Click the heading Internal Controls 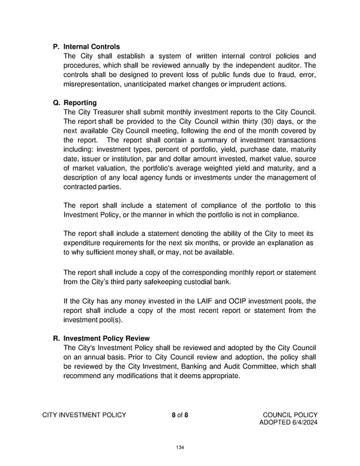(91, 46)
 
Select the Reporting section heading (81, 103)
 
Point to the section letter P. (56, 46)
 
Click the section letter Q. (56, 103)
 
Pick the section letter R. (56, 338)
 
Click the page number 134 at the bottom (180, 447)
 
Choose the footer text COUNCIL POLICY (290, 414)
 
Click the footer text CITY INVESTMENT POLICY (84, 414)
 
